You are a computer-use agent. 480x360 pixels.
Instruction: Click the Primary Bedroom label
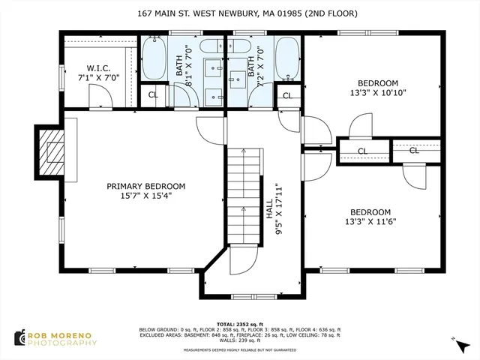coord(145,192)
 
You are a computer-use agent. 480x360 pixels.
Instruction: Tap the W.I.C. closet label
coord(99,72)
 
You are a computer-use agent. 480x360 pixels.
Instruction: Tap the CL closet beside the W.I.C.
coord(153,94)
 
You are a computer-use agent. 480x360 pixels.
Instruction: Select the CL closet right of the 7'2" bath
coord(286,94)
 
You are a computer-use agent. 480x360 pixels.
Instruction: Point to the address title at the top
coord(239,13)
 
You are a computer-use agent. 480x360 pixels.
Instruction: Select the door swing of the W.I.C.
coord(100,96)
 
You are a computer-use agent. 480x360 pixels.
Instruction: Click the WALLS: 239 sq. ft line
coord(239,341)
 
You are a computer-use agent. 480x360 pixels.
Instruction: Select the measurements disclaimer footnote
coord(239,349)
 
